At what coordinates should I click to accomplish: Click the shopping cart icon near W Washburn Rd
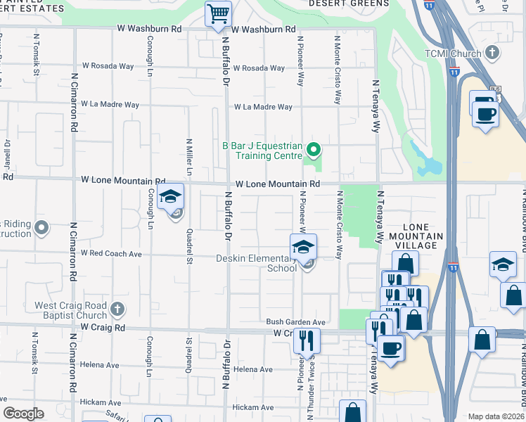[219, 13]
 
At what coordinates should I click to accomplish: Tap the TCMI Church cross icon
[493, 53]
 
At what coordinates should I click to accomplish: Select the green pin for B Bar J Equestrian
[314, 148]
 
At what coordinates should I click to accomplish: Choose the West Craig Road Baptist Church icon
[117, 308]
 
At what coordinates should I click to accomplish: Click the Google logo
[24, 414]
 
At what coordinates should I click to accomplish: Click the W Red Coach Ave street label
[111, 253]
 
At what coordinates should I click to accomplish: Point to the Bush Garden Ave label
[295, 322]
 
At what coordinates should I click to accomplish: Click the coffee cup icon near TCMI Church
[485, 113]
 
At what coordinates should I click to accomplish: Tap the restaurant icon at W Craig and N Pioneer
[306, 340]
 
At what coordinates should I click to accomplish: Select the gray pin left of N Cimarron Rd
[41, 228]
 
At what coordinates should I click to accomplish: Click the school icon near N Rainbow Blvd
[503, 264]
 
